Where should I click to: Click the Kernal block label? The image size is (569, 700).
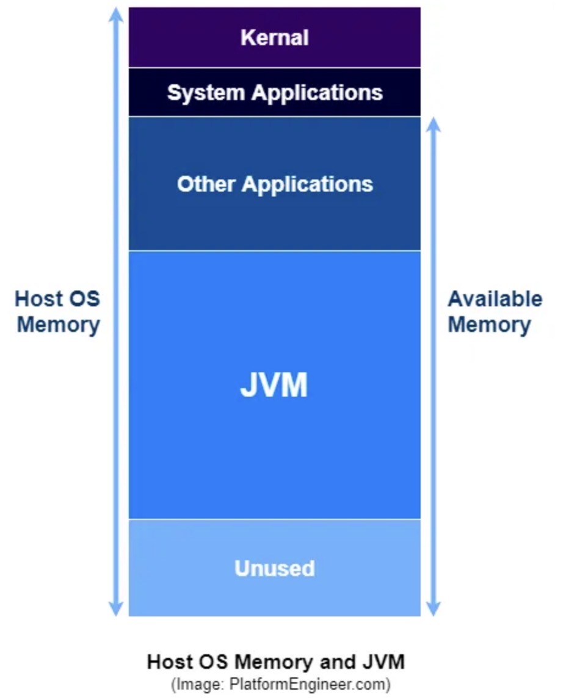[x=275, y=38]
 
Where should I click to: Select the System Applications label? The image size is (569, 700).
[x=275, y=93]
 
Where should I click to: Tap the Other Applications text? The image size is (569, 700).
[x=275, y=184]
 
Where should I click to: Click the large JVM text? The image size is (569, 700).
[x=274, y=386]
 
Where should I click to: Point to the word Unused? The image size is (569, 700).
[x=275, y=568]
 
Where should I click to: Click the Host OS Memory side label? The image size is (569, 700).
[x=58, y=311]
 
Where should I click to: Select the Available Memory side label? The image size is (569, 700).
[x=495, y=311]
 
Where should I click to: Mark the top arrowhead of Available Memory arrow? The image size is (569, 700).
[x=433, y=123]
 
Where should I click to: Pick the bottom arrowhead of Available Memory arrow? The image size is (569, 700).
[x=433, y=609]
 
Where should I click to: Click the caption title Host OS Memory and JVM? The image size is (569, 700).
[x=276, y=662]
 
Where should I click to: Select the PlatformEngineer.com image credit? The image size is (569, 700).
[x=280, y=684]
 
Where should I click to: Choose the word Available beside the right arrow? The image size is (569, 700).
[x=495, y=299]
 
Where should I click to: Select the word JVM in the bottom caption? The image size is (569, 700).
[x=384, y=662]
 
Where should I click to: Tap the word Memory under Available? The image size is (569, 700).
[x=489, y=324]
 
